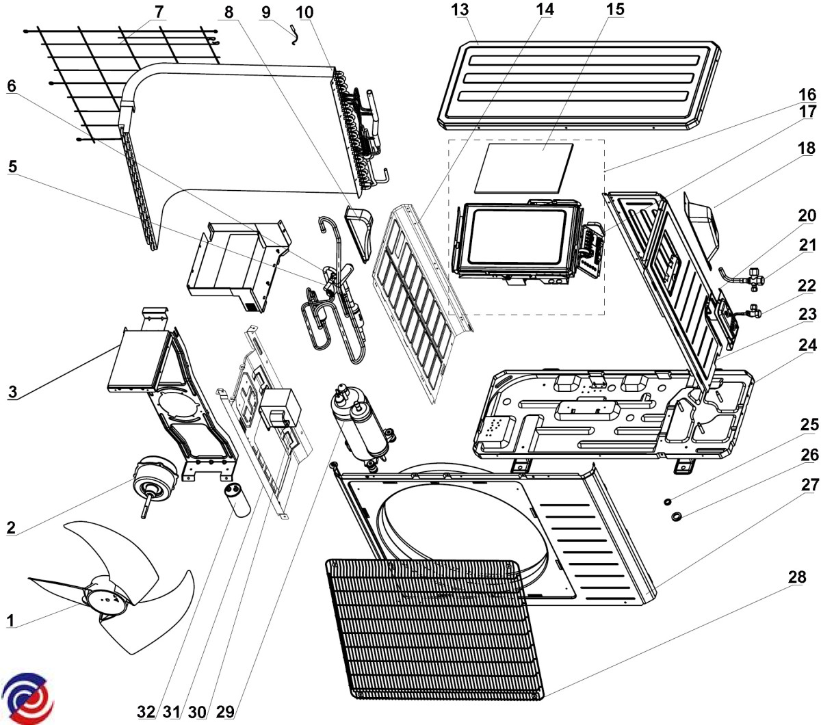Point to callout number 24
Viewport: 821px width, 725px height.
[x=807, y=345]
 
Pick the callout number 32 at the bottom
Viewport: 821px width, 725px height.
[x=146, y=711]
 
